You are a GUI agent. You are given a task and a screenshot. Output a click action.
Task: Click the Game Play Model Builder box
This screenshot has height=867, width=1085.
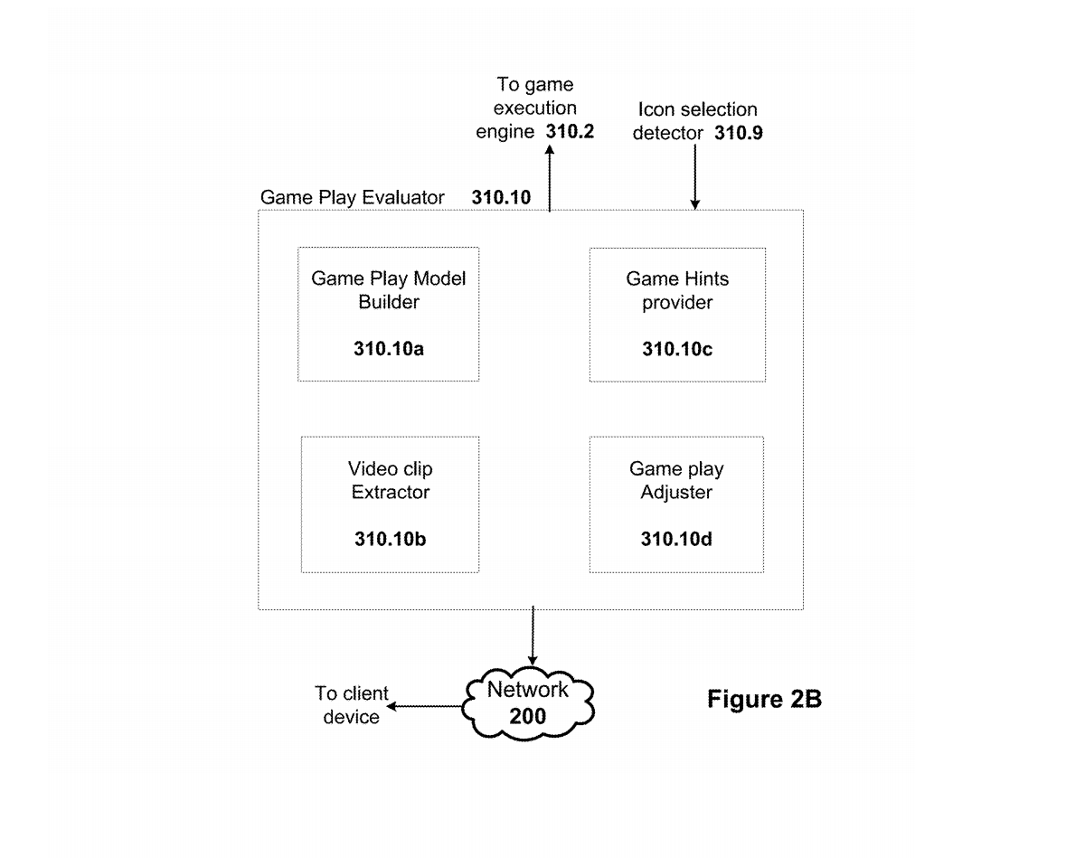pos(389,314)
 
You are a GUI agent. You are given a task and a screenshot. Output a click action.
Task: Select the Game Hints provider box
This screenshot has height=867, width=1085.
pos(677,314)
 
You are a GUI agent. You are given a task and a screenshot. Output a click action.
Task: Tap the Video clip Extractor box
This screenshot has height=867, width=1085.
pos(390,504)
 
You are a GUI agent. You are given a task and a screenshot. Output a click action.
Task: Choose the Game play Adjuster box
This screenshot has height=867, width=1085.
pos(676,504)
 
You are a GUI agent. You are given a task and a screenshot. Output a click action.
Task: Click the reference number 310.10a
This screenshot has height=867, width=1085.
pos(389,348)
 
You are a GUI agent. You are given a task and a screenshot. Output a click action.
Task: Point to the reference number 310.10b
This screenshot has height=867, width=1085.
pos(390,540)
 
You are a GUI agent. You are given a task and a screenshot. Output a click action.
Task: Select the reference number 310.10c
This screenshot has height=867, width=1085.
pos(677,348)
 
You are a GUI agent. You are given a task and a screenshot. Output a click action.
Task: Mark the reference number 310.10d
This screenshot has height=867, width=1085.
pos(676,540)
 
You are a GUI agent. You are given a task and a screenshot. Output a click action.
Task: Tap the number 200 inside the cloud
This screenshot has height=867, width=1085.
pos(528,717)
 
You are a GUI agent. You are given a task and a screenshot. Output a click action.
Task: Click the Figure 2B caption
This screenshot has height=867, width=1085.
pos(764,699)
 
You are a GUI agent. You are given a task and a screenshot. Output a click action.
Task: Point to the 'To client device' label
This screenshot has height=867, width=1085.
pos(352,705)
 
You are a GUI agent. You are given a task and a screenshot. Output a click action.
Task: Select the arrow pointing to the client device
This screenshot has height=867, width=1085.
pos(425,706)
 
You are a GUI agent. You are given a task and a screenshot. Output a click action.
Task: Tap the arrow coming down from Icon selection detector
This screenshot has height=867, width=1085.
pos(694,177)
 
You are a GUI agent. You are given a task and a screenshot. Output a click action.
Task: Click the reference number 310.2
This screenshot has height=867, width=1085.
pos(570,132)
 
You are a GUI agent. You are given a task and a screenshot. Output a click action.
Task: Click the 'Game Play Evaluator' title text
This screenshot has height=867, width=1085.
pos(353,197)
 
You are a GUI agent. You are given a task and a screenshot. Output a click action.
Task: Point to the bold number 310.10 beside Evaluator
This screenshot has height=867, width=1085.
pos(501,197)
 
